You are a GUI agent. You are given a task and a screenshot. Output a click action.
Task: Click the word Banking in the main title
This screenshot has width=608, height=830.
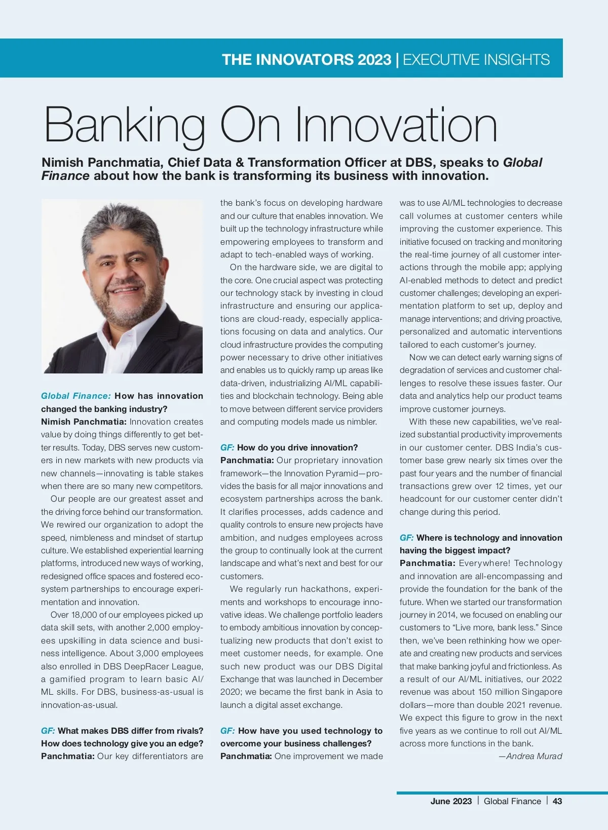125,126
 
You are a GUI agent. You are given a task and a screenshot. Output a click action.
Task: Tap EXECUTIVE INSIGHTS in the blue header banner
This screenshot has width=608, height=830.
476,60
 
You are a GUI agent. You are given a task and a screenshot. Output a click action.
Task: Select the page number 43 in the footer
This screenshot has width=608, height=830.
557,801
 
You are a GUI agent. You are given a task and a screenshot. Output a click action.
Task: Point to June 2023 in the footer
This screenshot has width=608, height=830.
451,801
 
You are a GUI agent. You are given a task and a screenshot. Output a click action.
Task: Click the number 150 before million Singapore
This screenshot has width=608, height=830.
485,692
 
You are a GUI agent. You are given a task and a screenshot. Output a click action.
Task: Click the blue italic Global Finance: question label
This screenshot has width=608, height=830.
75,396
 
